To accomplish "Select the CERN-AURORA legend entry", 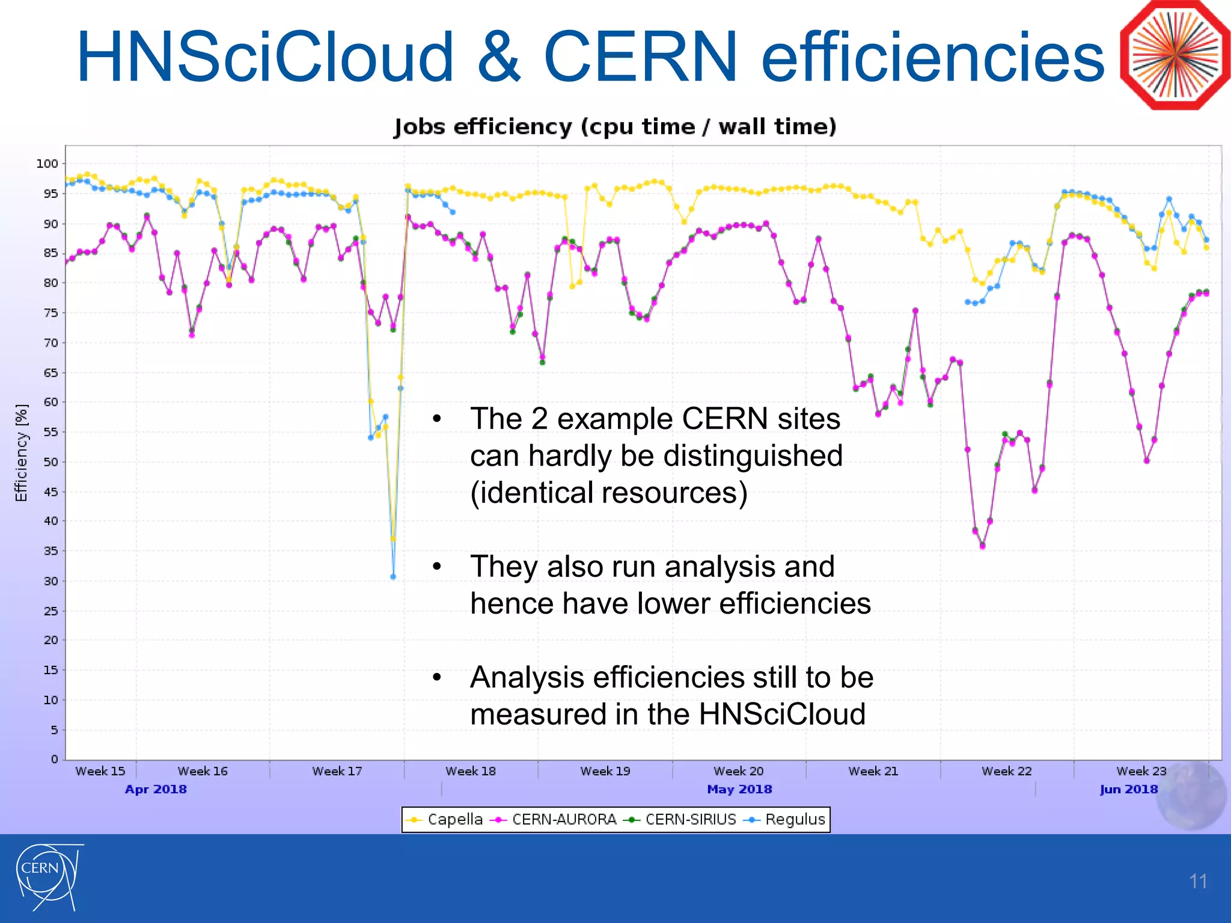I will click(554, 820).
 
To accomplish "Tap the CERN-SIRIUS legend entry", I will click(680, 820).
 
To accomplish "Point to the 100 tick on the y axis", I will click(47, 163).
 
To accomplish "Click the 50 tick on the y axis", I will click(50, 462).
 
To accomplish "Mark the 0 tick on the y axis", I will click(54, 759).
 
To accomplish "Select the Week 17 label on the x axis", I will click(337, 771).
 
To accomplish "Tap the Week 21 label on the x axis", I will click(873, 771).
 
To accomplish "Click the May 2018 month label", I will click(739, 789).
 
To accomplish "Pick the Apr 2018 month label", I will click(156, 789).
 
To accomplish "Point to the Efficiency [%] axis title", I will click(22, 452).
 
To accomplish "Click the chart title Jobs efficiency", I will click(615, 127).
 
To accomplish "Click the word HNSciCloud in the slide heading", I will click(264, 57).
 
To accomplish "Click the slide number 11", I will click(1198, 882).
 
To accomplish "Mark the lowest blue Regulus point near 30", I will click(393, 577).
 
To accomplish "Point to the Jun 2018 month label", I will click(1129, 789).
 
